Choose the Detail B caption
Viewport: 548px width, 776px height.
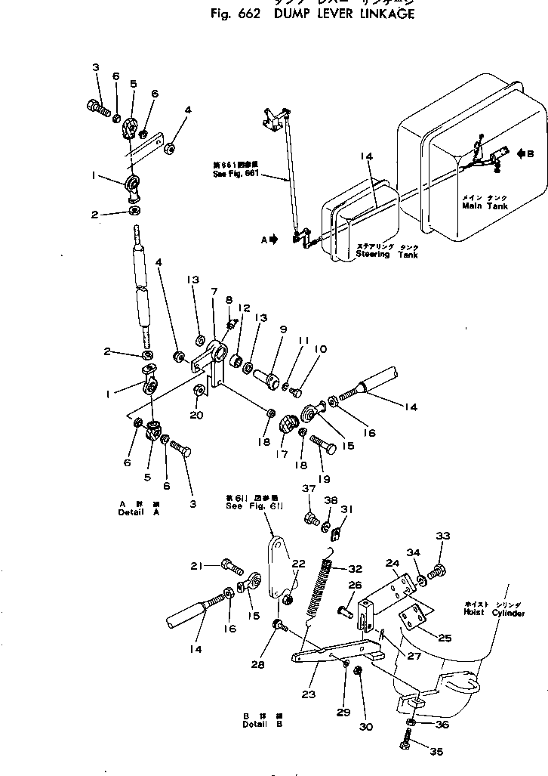(x=254, y=723)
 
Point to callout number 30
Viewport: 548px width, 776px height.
(x=365, y=727)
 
